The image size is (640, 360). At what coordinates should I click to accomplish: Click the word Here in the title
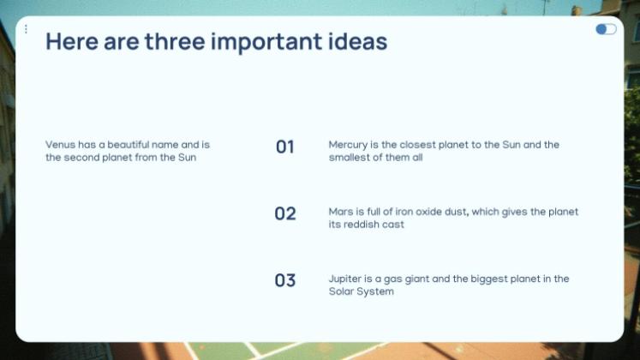click(72, 41)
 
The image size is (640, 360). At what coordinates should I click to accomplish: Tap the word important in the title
click(266, 43)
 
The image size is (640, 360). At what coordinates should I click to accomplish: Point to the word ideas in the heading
click(357, 41)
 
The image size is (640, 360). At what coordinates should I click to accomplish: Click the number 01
click(285, 147)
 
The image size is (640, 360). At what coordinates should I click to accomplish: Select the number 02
click(285, 213)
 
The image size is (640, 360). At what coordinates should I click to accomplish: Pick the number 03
click(285, 280)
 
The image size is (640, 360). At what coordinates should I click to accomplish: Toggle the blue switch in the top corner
click(606, 29)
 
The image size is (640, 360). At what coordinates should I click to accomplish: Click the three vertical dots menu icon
click(26, 29)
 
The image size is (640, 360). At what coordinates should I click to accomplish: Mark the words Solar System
click(362, 291)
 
